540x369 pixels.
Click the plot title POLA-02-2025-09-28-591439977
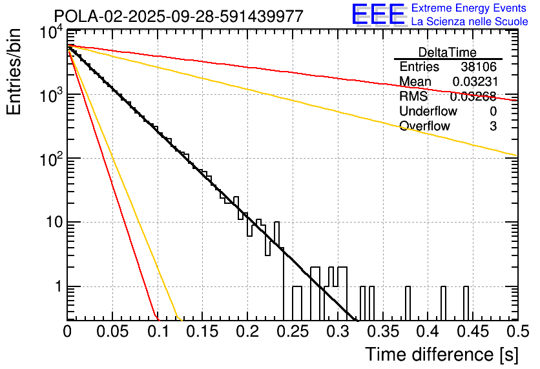click(178, 17)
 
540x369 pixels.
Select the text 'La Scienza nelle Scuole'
click(470, 22)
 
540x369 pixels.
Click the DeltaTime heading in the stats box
click(448, 52)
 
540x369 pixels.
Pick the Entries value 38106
click(479, 67)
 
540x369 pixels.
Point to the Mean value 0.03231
click(474, 82)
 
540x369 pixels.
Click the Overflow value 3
click(493, 126)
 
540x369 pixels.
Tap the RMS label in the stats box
click(413, 97)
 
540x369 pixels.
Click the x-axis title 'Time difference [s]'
click(442, 354)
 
